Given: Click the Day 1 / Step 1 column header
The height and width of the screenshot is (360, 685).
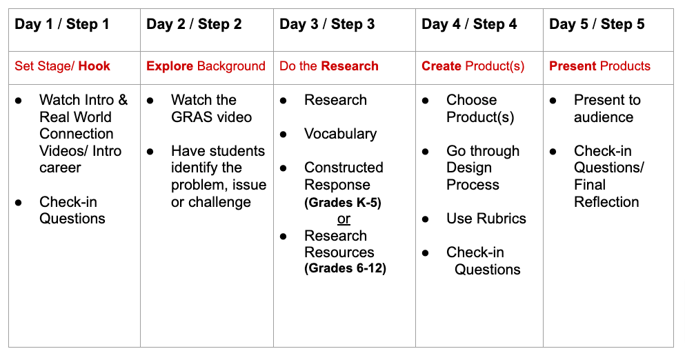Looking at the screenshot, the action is click(x=61, y=24).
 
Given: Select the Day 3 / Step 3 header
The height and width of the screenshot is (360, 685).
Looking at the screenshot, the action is click(x=327, y=24).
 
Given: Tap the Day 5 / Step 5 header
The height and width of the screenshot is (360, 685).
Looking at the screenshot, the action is click(x=597, y=24).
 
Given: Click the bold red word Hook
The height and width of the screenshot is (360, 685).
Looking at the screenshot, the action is click(x=95, y=66).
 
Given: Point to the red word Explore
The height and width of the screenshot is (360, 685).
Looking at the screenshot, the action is click(x=170, y=66).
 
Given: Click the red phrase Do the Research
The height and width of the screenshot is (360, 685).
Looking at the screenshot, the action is click(x=329, y=66).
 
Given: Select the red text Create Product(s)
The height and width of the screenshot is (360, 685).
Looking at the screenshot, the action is click(x=473, y=66).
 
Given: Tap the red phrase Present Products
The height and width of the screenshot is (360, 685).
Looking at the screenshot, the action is click(x=600, y=66).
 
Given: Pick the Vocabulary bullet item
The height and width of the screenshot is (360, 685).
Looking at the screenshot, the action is click(x=340, y=134).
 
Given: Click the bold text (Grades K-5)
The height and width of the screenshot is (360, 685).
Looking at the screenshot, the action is click(x=343, y=203).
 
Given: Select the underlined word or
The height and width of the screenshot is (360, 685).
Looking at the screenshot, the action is click(x=344, y=219).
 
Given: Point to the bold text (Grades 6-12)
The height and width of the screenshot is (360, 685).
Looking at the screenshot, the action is click(x=345, y=268).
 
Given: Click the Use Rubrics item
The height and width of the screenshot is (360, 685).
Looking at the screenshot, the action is click(x=486, y=219).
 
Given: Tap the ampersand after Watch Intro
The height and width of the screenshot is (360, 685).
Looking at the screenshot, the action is click(x=123, y=100).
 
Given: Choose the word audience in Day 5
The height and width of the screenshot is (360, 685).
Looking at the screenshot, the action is click(x=604, y=117).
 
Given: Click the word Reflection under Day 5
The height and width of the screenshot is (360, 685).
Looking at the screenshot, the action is click(x=606, y=202).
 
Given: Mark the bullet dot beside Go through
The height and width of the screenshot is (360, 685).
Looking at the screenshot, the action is click(x=425, y=152).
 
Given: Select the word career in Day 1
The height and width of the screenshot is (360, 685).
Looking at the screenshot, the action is click(x=60, y=168).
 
